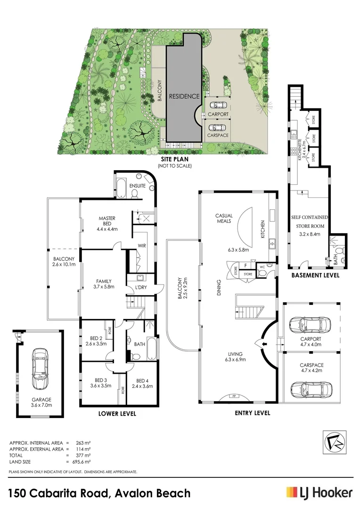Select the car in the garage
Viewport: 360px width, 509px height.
click(x=40, y=367)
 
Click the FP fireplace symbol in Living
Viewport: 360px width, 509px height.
click(x=233, y=396)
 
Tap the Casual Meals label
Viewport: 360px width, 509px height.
click(x=224, y=218)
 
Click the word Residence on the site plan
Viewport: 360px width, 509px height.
click(x=184, y=96)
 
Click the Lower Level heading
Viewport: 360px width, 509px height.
click(x=117, y=414)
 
